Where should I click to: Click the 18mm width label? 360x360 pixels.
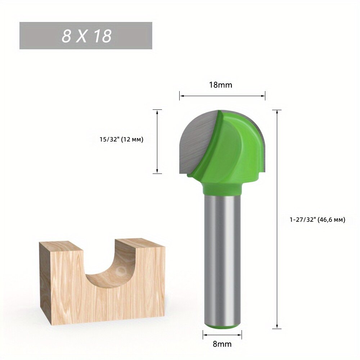tap(220, 85)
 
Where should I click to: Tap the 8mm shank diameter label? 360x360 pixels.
tap(222, 344)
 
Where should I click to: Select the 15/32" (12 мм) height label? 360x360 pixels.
tap(121, 139)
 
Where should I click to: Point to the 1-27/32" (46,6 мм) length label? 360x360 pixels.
tap(317, 220)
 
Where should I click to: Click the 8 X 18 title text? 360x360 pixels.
tap(86, 36)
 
